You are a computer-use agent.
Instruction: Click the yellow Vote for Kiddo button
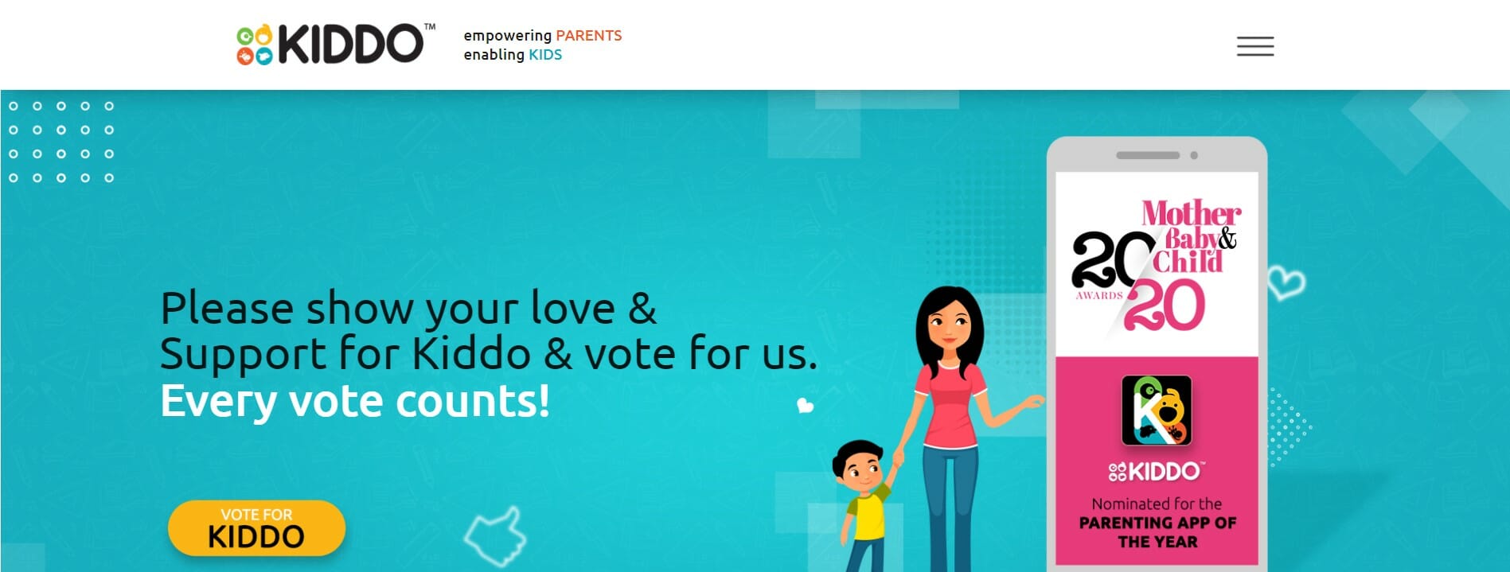point(256,527)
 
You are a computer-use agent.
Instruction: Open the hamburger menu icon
point(1254,46)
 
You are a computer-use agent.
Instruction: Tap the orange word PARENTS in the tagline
point(588,36)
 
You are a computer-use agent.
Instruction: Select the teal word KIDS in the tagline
point(545,55)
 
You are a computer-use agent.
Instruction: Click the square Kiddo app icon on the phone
point(1156,411)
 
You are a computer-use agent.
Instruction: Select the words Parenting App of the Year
point(1157,532)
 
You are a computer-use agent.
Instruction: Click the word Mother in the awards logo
point(1191,213)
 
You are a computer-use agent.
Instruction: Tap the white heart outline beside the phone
point(1286,282)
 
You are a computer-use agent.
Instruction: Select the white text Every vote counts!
point(355,401)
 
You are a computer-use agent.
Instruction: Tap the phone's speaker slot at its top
point(1147,155)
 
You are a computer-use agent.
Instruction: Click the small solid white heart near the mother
point(805,406)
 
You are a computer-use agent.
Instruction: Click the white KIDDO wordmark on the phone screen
point(1157,472)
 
